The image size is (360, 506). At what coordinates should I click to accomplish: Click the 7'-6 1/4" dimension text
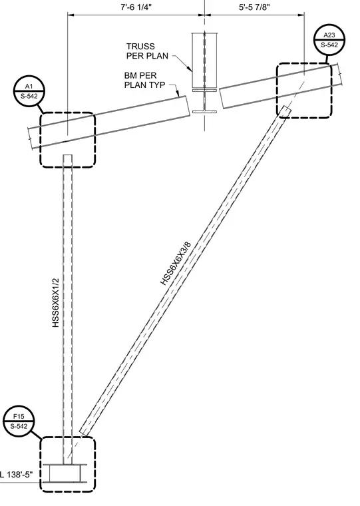[x=136, y=7]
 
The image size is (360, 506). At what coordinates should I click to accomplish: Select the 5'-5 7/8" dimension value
[x=254, y=7]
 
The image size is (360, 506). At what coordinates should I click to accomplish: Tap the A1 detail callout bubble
[x=29, y=91]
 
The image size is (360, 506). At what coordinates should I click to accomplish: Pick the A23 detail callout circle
[x=329, y=40]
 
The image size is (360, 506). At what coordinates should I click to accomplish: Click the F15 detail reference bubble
[x=19, y=421]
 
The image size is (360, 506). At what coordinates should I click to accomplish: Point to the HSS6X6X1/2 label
[x=56, y=303]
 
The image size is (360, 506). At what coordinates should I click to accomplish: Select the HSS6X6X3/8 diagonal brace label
[x=176, y=264]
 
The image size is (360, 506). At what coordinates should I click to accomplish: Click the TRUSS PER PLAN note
[x=147, y=51]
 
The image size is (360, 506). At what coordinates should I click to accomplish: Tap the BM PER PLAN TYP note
[x=145, y=80]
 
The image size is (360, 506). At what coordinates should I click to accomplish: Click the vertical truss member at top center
[x=204, y=60]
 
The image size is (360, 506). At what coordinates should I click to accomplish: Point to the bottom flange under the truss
[x=204, y=112]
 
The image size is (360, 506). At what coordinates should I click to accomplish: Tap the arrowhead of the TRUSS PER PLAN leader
[x=191, y=71]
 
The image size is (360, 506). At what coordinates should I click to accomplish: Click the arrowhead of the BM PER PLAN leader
[x=178, y=95]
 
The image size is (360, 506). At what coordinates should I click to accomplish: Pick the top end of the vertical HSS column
[x=67, y=155]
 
